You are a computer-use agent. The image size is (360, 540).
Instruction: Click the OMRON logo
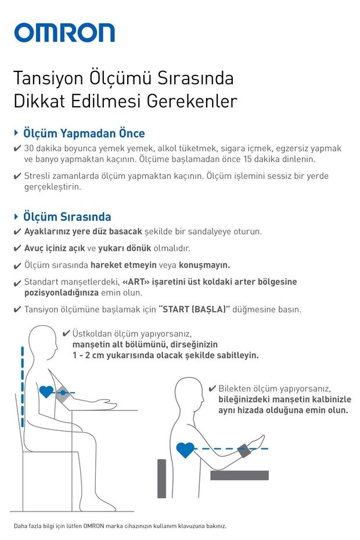coord(64,33)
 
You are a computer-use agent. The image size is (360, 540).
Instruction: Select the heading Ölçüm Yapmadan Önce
coord(84,134)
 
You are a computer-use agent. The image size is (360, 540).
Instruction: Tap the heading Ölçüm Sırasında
coord(67,217)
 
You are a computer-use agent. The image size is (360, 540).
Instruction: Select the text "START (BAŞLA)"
coord(195,309)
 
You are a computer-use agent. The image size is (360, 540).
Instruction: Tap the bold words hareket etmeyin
coord(124,265)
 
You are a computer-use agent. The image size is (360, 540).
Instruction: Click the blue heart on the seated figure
coord(46,392)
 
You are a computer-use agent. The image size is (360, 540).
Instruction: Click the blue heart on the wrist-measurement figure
coord(185,449)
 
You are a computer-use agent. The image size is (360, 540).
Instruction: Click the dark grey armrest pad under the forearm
coord(239,475)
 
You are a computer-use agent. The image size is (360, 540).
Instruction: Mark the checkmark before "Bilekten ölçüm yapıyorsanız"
coord(212,388)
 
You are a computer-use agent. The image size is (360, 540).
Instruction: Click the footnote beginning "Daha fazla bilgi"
coord(120,526)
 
